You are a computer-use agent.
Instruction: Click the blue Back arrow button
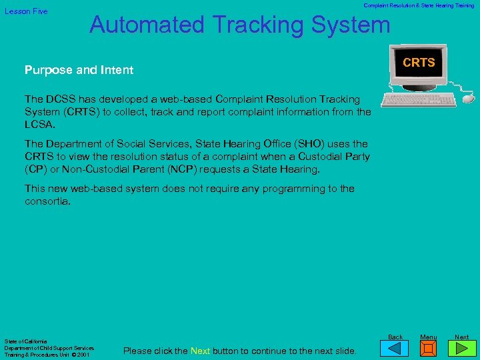pos(395,348)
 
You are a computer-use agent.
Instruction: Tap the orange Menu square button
pos(429,349)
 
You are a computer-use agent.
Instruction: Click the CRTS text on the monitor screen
pos(419,63)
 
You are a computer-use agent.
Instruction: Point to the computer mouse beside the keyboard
pos(467,98)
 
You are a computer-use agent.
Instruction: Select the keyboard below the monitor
pos(419,99)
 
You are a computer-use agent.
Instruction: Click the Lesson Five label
pos(26,11)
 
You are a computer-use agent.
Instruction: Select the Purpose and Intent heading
pos(79,70)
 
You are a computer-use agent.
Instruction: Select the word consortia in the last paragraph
pos(47,201)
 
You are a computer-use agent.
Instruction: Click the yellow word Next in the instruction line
pos(201,351)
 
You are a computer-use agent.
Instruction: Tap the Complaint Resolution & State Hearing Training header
pos(419,5)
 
